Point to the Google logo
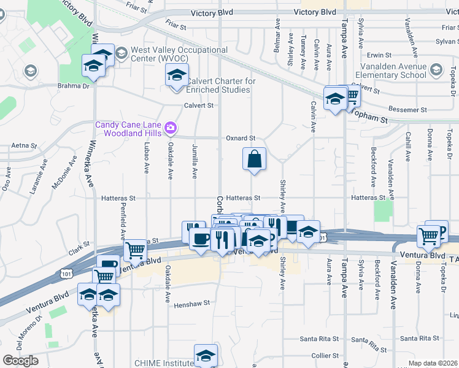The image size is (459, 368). pos(20,361)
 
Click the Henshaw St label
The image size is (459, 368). pos(191,303)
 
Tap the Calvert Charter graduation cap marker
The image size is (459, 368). pos(177,76)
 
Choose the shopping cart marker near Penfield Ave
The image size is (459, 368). pos(134,250)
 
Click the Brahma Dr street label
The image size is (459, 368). pos(74,86)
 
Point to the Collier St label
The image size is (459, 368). pos(325,356)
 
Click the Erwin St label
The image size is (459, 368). pos(379,55)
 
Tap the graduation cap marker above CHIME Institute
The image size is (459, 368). pos(206,355)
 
